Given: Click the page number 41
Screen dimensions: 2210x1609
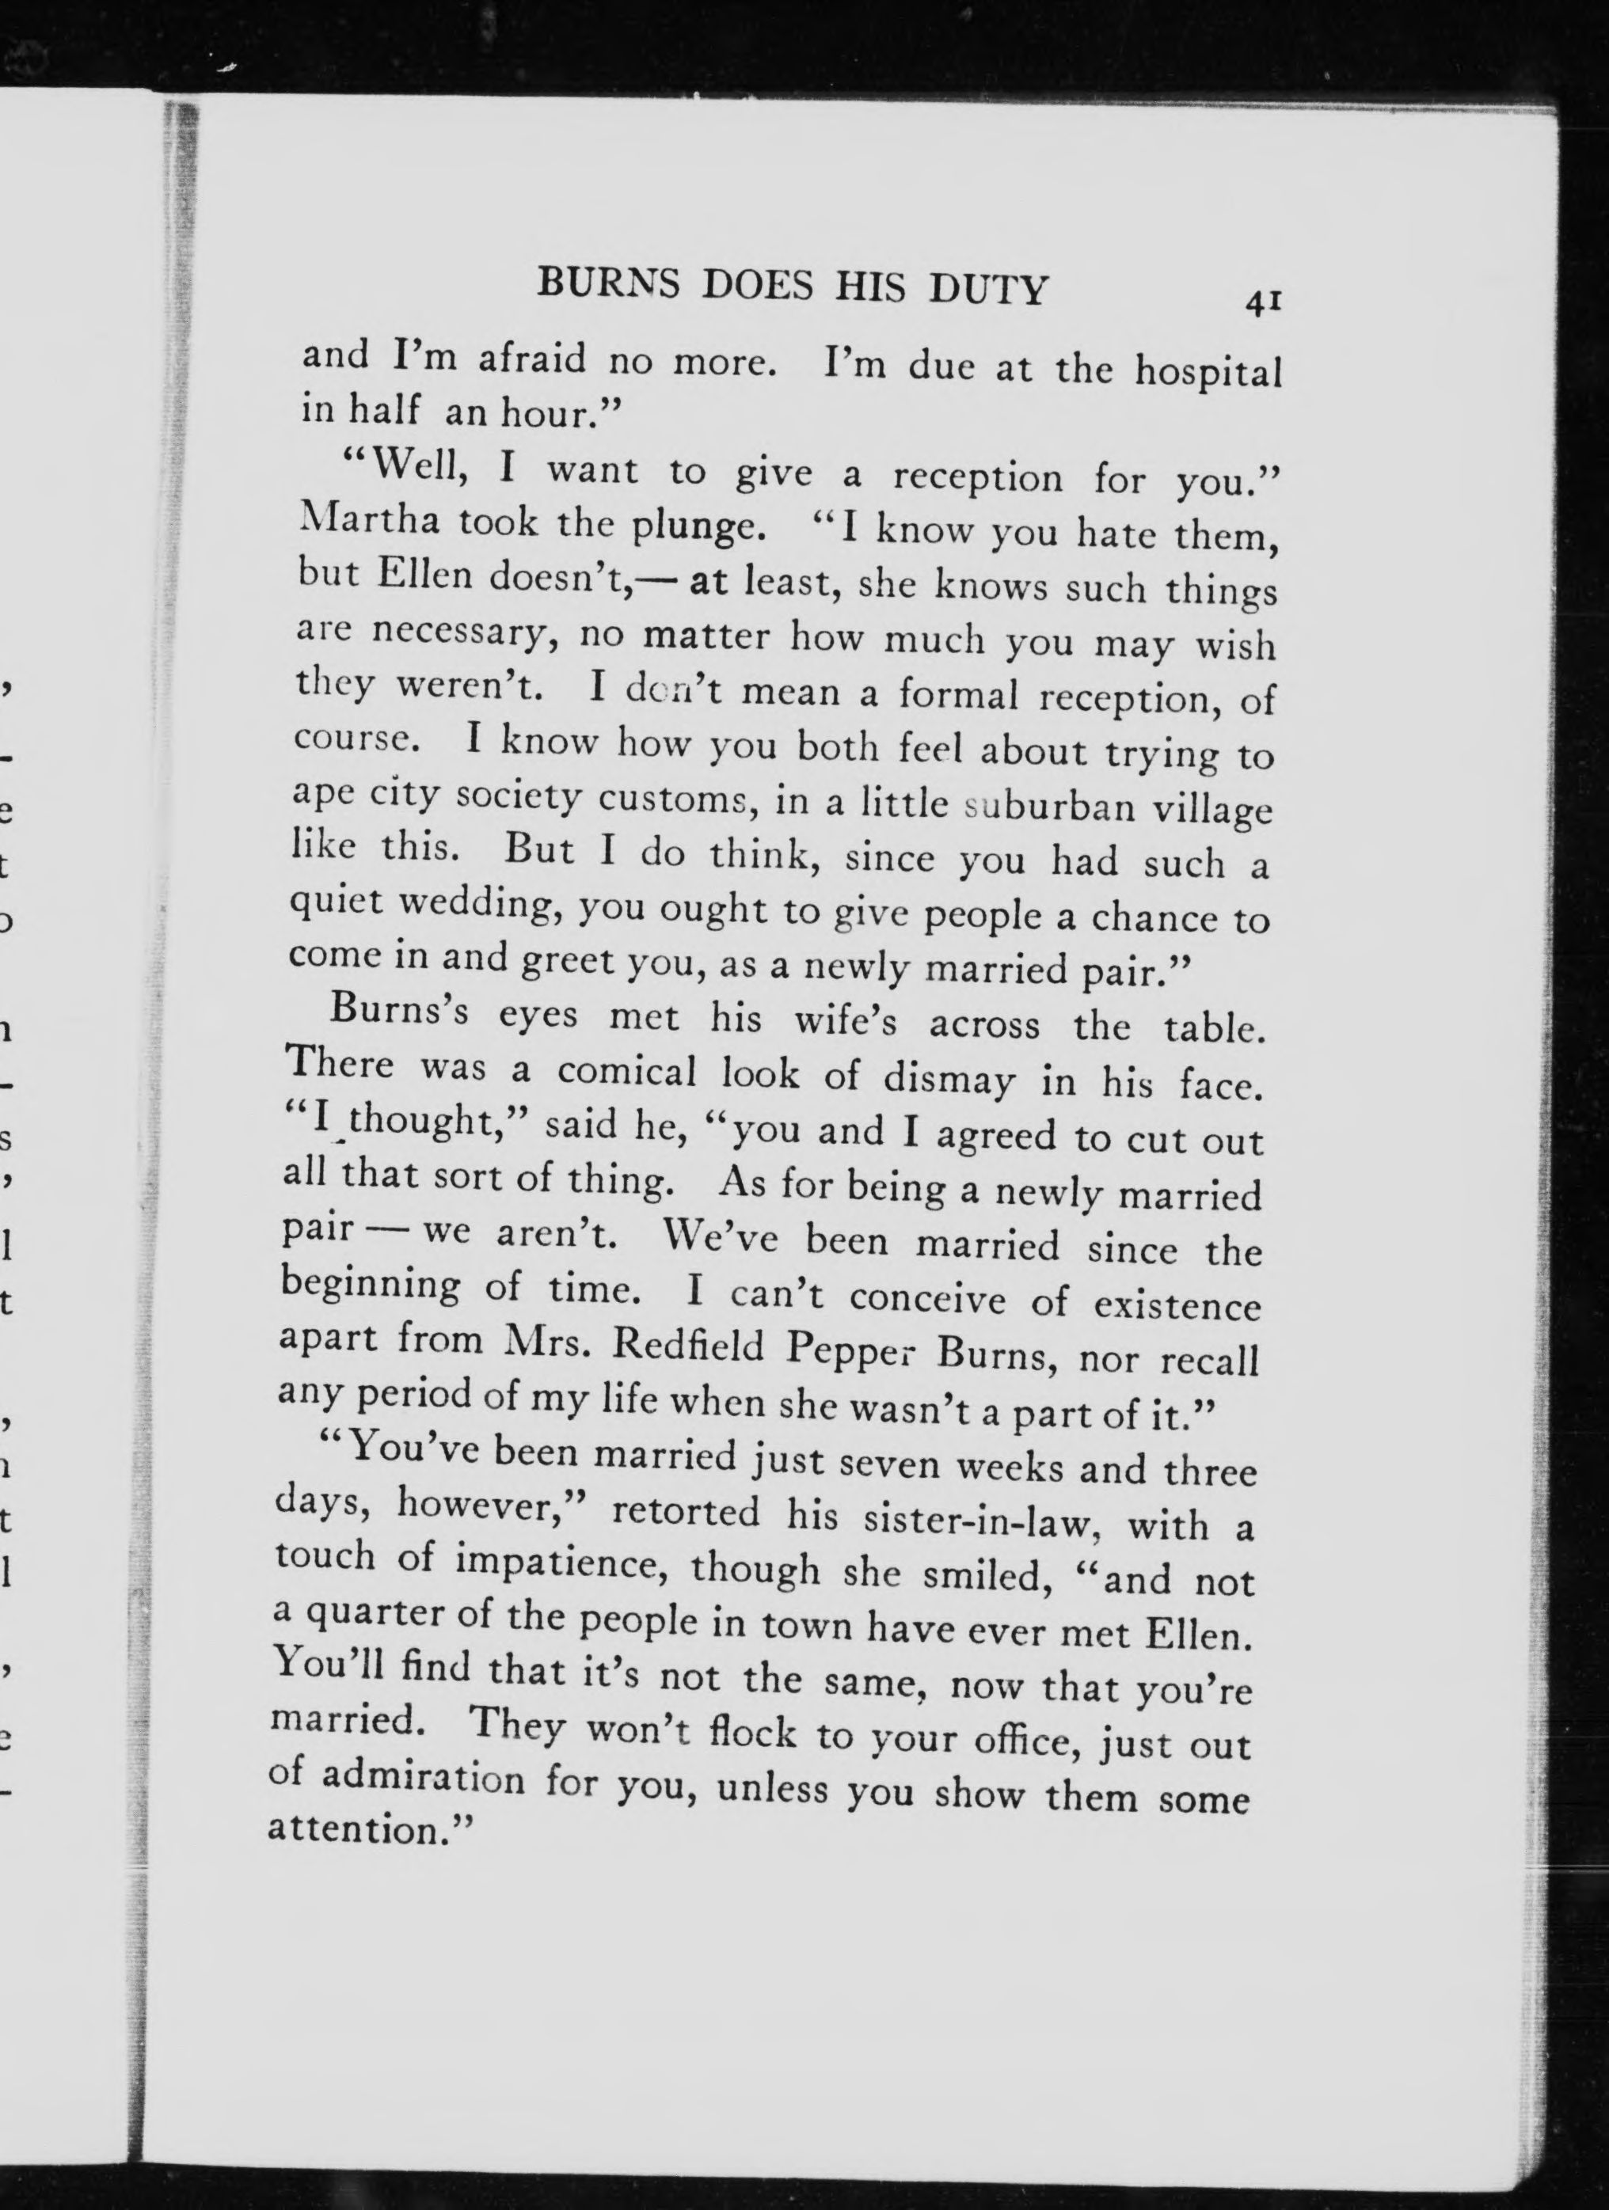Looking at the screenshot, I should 1261,302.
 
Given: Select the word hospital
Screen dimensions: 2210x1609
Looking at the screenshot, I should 1208,373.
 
